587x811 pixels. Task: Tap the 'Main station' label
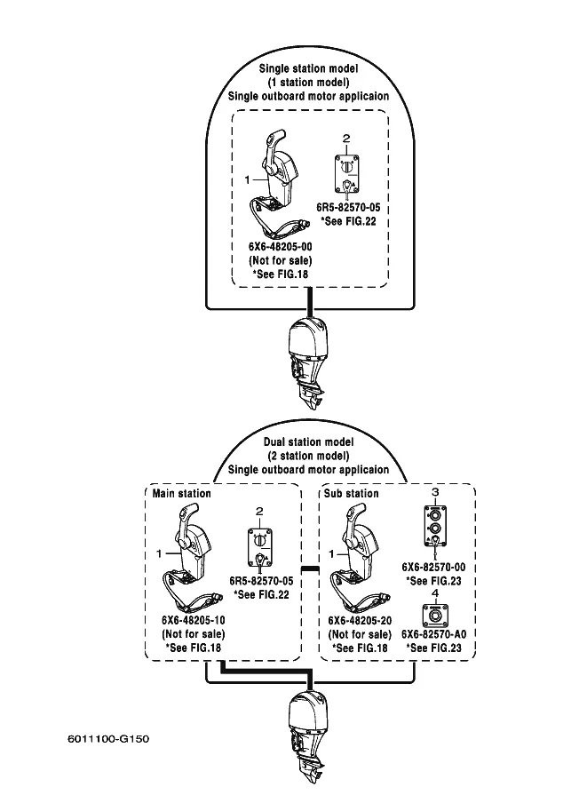point(181,493)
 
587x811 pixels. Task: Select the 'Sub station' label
point(352,493)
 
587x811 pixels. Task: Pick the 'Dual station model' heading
point(308,441)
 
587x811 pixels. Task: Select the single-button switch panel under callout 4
point(435,614)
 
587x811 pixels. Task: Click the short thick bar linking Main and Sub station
point(309,568)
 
